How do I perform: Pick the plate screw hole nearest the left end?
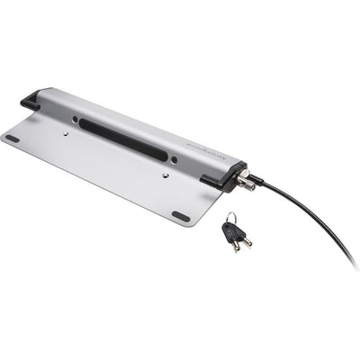(66, 132)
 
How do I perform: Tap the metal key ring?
(231, 217)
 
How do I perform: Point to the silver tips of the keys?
(241, 244)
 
